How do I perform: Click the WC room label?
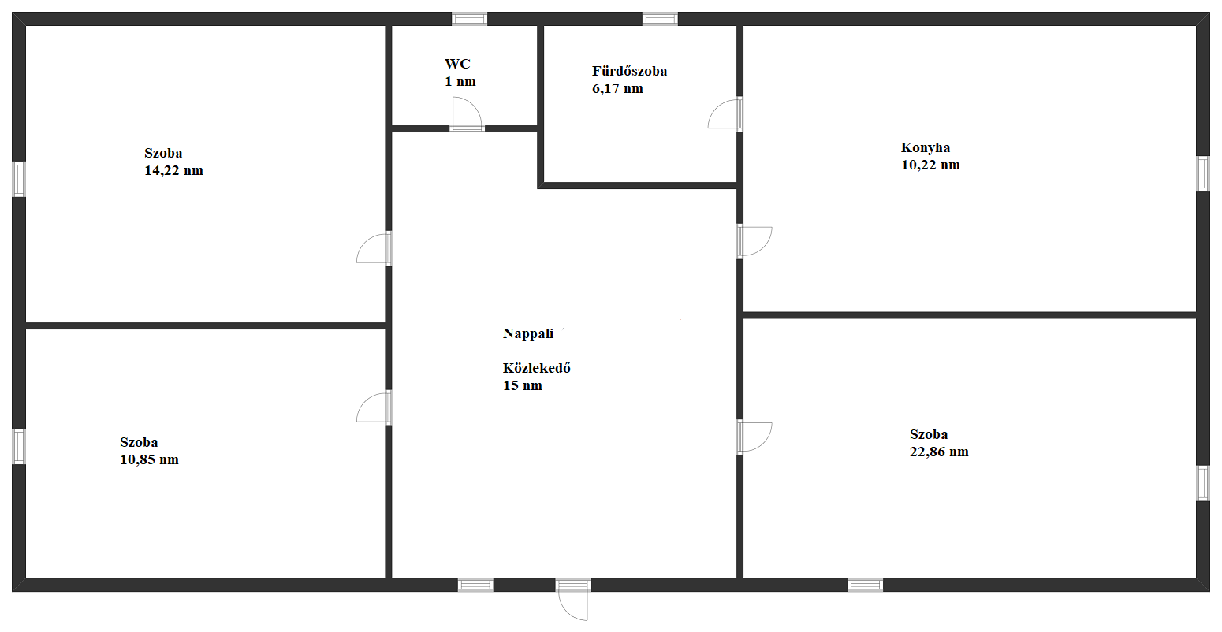tap(457, 64)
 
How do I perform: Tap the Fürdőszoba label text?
tap(630, 71)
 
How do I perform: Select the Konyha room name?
tap(926, 148)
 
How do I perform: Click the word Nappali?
tap(528, 333)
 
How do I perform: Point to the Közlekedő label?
tap(537, 368)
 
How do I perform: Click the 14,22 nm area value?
tap(173, 171)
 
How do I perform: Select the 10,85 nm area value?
tap(150, 459)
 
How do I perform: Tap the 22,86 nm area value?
tap(940, 452)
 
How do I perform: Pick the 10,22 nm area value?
tap(930, 165)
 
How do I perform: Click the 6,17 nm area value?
tap(617, 89)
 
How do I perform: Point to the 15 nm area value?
tap(523, 386)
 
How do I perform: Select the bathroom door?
tap(725, 113)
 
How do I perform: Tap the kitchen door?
tap(755, 241)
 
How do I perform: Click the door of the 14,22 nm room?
tap(374, 248)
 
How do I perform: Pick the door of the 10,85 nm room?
tap(374, 408)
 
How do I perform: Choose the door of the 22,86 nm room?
tap(755, 437)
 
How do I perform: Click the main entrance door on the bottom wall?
tap(573, 600)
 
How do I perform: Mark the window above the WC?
tap(469, 19)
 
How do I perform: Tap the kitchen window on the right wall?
tap(1203, 174)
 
